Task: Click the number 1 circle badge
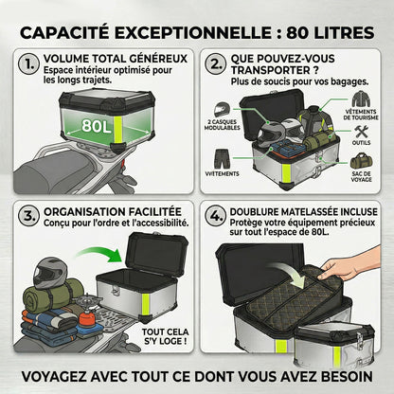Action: (x=29, y=64)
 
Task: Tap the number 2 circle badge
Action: (x=216, y=64)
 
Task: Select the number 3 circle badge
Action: (x=29, y=217)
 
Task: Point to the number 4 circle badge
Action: (x=216, y=217)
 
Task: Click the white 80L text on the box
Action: (x=97, y=126)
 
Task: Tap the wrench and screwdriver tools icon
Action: (x=361, y=132)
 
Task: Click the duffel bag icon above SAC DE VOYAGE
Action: (x=361, y=161)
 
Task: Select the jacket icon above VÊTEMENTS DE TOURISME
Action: (x=361, y=99)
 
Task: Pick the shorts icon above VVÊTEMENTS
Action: (x=223, y=159)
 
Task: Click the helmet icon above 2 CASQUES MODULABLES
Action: (x=222, y=110)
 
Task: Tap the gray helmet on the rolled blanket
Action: (x=50, y=273)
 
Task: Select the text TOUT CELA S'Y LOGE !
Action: (x=166, y=336)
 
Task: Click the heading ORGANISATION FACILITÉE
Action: (x=113, y=211)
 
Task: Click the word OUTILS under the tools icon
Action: (x=362, y=143)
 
